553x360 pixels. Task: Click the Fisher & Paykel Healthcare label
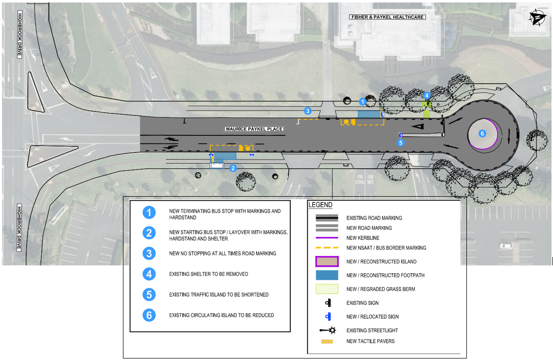(x=388, y=17)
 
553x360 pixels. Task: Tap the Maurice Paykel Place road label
(x=254, y=129)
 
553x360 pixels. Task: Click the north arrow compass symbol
(x=536, y=17)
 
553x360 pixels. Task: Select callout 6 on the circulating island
(x=482, y=133)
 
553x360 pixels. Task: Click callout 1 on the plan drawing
(x=363, y=101)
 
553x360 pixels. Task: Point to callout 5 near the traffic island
(x=401, y=142)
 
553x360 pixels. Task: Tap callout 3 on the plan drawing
(x=308, y=111)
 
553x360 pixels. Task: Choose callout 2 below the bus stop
(x=232, y=168)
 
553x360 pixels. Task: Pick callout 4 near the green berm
(x=427, y=96)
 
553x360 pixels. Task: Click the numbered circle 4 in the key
(x=149, y=274)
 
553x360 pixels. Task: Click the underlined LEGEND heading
(x=320, y=205)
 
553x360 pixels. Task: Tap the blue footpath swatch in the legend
(x=327, y=275)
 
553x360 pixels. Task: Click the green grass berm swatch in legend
(x=327, y=289)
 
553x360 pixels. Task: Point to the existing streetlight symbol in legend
(x=327, y=331)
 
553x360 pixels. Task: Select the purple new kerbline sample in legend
(x=327, y=238)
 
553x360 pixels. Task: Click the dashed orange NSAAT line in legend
(x=327, y=248)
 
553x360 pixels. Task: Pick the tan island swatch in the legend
(x=327, y=262)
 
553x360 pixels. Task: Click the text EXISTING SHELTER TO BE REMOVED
(x=209, y=274)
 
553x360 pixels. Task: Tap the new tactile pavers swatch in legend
(x=327, y=342)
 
